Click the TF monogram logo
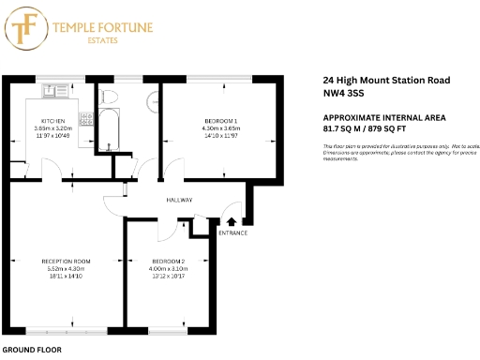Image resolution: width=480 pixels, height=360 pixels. click(x=25, y=28)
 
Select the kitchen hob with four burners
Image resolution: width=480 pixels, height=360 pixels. click(x=86, y=119)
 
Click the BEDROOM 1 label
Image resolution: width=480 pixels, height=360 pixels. click(x=221, y=121)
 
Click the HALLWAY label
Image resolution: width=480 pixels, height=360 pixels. click(x=179, y=201)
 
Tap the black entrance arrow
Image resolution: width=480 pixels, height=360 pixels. click(x=232, y=221)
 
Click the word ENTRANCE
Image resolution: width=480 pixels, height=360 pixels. click(x=232, y=232)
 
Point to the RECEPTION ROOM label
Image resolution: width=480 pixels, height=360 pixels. click(x=66, y=261)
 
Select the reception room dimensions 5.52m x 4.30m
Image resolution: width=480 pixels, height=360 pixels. click(x=66, y=269)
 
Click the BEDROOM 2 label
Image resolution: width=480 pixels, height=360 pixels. click(x=167, y=261)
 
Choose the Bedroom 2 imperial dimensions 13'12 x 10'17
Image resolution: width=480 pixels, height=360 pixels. click(x=167, y=277)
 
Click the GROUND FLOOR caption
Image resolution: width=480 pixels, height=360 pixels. click(x=31, y=349)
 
